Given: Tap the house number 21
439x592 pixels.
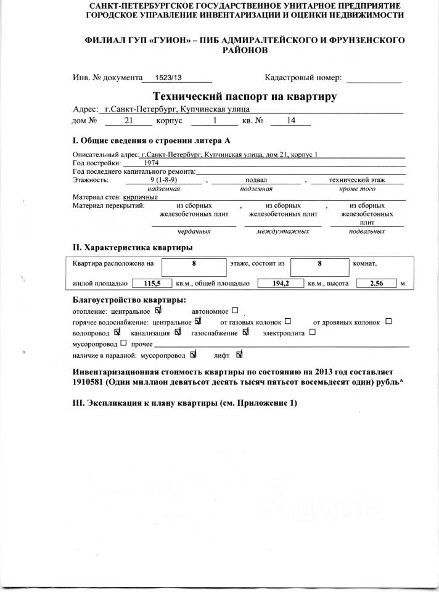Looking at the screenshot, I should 128,121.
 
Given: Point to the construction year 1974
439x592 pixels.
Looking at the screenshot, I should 151,163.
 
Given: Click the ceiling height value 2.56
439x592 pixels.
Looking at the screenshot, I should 375,284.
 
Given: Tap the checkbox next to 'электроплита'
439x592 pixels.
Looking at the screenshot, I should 313,332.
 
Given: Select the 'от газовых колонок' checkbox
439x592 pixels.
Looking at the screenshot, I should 289,321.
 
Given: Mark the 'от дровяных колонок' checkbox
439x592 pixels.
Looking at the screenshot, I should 388,321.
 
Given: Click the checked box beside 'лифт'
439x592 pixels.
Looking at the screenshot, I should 239,355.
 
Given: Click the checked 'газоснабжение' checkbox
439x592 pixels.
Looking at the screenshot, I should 245,332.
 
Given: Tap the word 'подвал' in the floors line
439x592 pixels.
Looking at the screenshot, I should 255,179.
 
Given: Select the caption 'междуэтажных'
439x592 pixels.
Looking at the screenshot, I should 283,231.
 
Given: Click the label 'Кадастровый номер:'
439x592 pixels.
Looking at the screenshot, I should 303,78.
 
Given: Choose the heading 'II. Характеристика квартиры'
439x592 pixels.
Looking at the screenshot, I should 133,247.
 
